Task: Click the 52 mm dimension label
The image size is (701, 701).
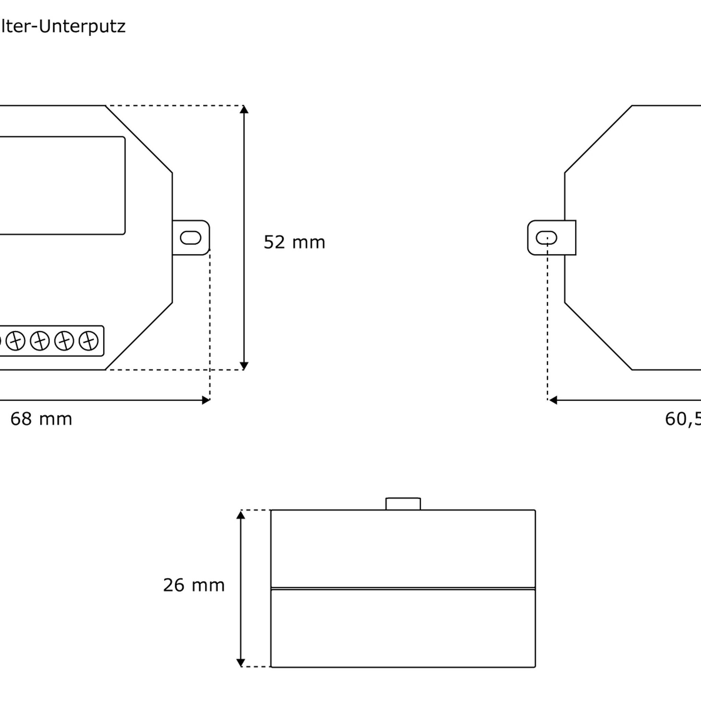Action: coord(294,242)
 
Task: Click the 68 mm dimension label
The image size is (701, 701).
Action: coord(41,419)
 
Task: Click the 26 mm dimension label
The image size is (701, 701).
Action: coord(193,585)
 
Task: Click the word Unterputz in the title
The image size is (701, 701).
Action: coord(82,26)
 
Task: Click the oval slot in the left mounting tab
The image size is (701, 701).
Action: coord(191,238)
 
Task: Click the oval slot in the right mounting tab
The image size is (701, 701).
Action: coord(546,238)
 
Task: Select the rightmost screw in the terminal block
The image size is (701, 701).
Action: coord(89,341)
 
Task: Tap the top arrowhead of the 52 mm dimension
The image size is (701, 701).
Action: coord(244,109)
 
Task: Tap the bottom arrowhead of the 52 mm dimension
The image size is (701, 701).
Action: coord(244,366)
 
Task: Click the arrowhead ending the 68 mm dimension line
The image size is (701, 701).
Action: coord(206,400)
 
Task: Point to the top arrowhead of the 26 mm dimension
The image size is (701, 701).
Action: coord(241,514)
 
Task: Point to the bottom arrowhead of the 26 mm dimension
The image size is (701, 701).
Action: coord(241,663)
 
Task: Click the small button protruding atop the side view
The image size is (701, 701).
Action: coord(403,504)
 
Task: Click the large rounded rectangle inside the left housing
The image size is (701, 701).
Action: coord(62,186)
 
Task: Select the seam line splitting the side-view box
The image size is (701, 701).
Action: coord(403,588)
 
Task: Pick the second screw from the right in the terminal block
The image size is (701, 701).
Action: coord(64,341)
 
